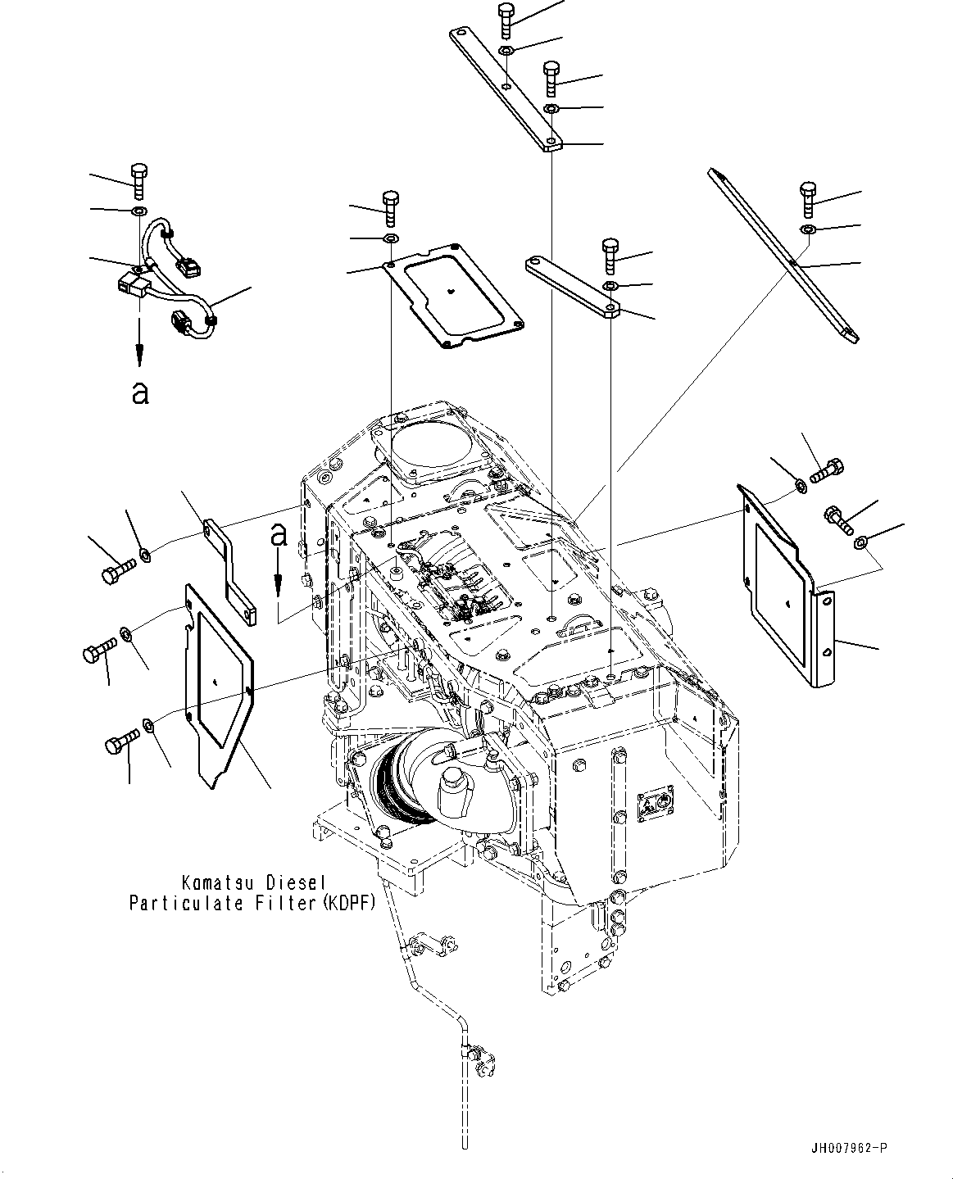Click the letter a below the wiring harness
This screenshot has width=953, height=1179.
[x=140, y=393]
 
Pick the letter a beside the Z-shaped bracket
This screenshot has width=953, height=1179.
[x=279, y=535]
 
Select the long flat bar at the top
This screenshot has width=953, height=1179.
[x=503, y=90]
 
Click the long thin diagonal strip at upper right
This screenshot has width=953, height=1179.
[x=783, y=255]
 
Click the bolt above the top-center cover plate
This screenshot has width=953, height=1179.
[x=390, y=207]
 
